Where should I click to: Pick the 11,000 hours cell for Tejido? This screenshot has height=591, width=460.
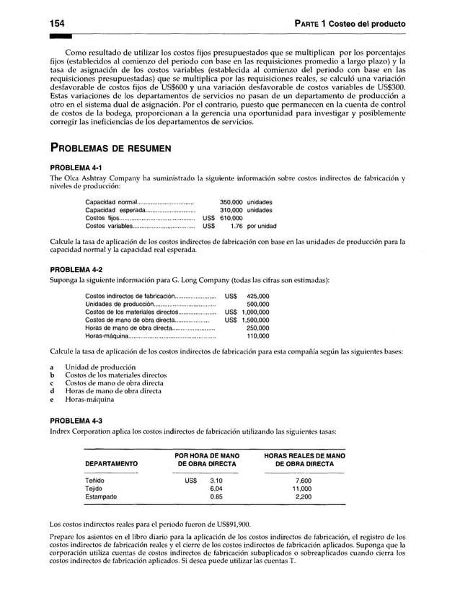click(304, 489)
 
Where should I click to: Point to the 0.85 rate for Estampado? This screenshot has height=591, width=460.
click(215, 496)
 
